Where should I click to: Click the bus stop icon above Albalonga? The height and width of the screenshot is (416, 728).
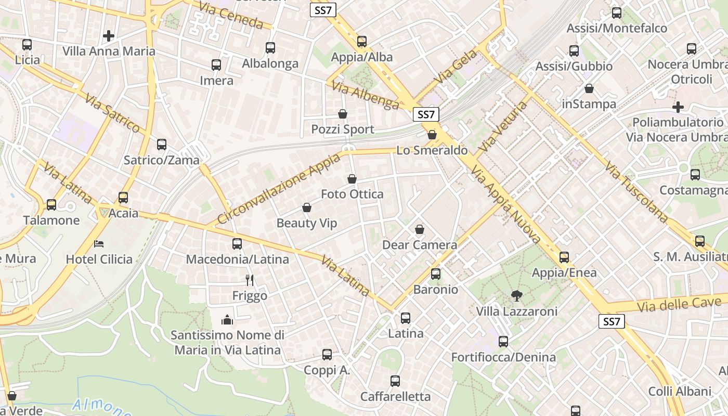click(x=270, y=48)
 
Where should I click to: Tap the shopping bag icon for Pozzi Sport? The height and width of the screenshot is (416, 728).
click(x=343, y=114)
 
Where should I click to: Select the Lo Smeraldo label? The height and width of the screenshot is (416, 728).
click(x=432, y=150)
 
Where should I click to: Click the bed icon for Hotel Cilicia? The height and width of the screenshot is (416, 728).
click(x=99, y=243)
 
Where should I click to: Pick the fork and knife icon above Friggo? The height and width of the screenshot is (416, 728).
click(x=250, y=280)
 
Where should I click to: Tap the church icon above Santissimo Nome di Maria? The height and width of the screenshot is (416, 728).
click(x=227, y=319)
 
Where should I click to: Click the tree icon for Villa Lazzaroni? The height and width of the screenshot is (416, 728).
click(x=516, y=296)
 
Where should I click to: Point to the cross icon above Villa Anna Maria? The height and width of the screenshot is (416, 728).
click(x=108, y=36)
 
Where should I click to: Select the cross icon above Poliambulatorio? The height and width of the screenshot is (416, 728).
click(x=678, y=107)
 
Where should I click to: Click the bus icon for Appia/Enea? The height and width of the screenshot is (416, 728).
click(x=564, y=257)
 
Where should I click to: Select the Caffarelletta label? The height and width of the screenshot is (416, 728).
click(x=395, y=397)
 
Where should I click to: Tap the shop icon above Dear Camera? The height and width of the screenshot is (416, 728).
click(x=420, y=229)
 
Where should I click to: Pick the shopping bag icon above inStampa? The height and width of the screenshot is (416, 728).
click(x=589, y=89)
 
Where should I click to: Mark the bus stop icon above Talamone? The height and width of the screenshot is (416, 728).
click(x=51, y=205)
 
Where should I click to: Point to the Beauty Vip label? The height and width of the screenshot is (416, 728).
click(x=306, y=223)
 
